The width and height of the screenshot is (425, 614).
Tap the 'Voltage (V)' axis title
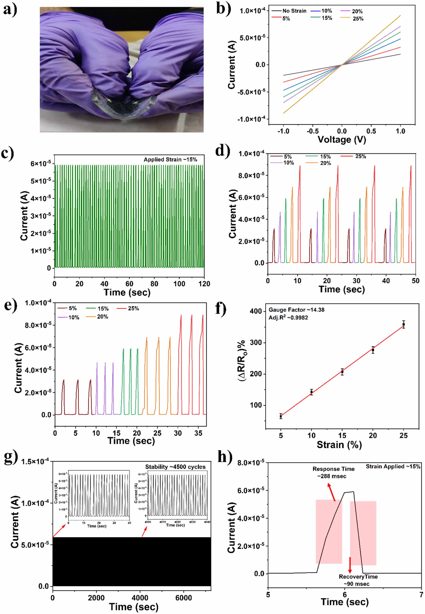click(342, 139)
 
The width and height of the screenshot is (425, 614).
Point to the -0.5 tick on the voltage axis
click(312, 131)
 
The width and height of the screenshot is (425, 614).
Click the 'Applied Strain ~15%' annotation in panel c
click(170, 159)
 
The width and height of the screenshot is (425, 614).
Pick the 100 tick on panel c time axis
click(179, 284)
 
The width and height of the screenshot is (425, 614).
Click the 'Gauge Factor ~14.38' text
click(296, 310)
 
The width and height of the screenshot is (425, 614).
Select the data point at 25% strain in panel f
click(403, 324)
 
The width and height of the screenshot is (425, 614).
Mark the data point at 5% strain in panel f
click(281, 416)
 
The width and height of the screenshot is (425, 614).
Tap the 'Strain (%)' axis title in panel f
click(339, 445)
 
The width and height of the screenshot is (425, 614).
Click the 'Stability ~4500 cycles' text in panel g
click(175, 467)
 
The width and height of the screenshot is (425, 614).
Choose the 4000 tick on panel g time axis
click(140, 598)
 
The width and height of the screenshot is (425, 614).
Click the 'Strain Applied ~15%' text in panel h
click(393, 467)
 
